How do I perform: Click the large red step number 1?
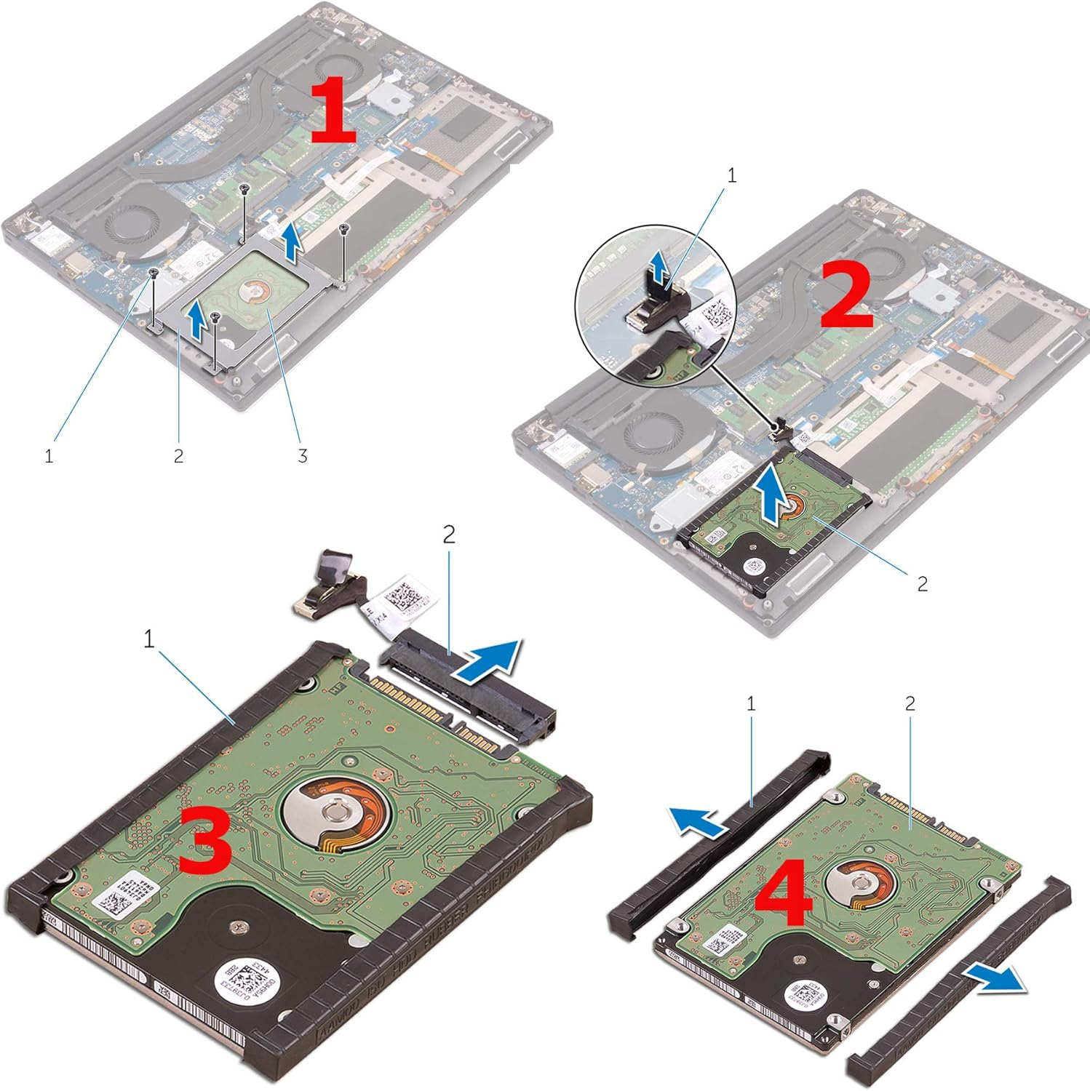coord(333,111)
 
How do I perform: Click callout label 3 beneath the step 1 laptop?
coord(302,455)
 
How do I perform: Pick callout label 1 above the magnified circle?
coord(731,175)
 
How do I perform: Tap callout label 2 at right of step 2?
coord(922,583)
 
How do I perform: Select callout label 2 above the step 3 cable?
coord(449,535)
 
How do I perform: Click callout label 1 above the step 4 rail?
coord(751,703)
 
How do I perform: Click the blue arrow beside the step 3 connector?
coord(488,660)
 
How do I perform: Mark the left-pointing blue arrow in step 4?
coord(697,823)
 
